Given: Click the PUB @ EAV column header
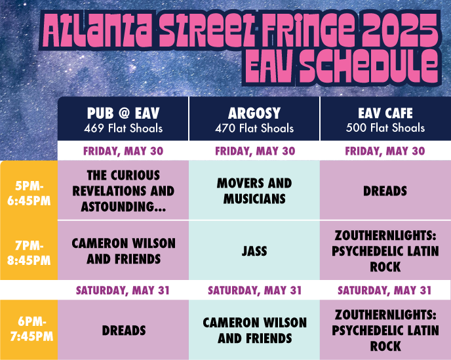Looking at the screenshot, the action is coord(123,113).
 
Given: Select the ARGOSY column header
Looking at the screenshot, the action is coord(254,113).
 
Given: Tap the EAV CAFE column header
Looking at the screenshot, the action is coord(385,113).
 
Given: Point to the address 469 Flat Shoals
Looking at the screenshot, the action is coord(123,128).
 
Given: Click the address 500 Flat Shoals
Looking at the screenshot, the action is coord(385,127).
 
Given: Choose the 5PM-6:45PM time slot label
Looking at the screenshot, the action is coord(29,193).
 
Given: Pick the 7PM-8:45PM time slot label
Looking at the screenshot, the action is coord(29,253).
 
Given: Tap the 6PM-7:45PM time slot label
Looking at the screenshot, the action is coord(31,329).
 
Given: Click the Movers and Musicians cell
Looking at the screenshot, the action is coord(254,191).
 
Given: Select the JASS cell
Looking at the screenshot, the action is coord(254,251).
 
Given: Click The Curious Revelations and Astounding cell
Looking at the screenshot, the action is coord(123,191).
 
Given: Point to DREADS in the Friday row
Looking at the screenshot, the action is coord(385,191).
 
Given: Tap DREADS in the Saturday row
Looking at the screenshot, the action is coord(124,330).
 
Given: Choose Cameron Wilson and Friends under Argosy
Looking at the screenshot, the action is coord(254,330).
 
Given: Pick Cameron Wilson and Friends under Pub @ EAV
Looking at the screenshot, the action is coord(124,251).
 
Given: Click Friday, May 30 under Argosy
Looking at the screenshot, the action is coord(255,151).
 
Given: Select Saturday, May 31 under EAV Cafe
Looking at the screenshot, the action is coord(385,290).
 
